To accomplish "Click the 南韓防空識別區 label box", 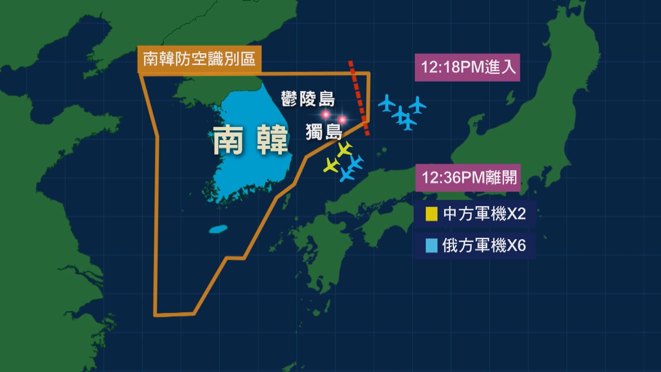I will [199, 59].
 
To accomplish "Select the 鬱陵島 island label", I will [308, 99].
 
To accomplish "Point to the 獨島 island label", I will [324, 132].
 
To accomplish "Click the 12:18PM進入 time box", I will [467, 68].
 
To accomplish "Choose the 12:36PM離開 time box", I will [468, 178].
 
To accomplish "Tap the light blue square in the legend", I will [431, 246].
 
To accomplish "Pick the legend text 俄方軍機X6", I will [484, 246].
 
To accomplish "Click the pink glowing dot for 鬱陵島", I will [325, 114].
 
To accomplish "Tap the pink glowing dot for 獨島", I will [342, 120].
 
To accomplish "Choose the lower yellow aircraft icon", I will [332, 165].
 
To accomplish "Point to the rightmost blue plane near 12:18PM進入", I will [418, 105].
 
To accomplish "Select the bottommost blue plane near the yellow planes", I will [347, 174].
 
